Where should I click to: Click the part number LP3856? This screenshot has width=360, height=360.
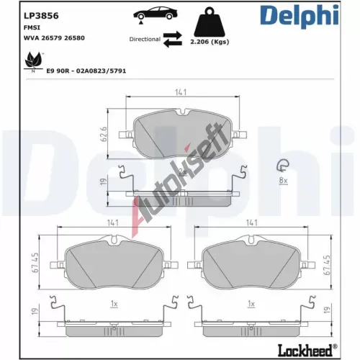41,16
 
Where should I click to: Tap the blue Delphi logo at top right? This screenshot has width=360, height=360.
300,16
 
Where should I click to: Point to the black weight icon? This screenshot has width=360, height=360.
210,22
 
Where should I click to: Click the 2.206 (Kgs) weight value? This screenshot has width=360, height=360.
210,42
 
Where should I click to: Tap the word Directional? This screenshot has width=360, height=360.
145,39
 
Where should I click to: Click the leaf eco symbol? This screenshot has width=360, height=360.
33,61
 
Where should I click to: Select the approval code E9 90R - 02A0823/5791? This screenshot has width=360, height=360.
86,71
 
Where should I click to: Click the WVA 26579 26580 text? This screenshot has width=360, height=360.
54,38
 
